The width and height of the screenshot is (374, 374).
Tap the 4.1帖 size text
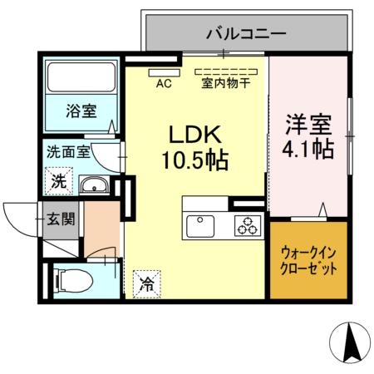click(x=310, y=150)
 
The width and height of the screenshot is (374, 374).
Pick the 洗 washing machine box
click(x=59, y=178)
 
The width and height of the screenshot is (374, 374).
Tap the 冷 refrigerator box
click(x=146, y=282)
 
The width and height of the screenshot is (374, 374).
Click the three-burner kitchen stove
click(x=246, y=224)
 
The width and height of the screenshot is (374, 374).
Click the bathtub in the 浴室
click(x=82, y=78)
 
